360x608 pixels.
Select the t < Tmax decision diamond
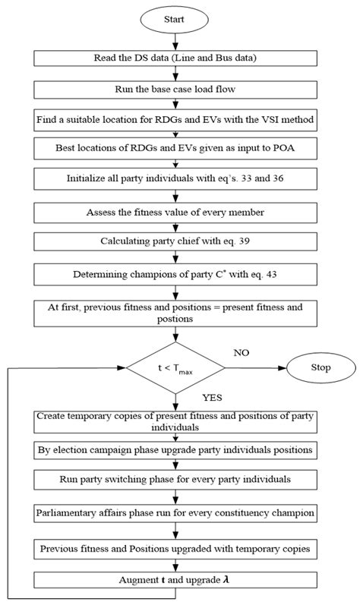coord(175,369)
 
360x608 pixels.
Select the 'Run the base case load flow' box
coord(175,90)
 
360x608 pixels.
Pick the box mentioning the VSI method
coord(175,119)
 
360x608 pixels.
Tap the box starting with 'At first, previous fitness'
coord(175,313)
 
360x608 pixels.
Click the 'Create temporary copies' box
coord(175,422)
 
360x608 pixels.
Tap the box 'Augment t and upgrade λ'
coord(175,581)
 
